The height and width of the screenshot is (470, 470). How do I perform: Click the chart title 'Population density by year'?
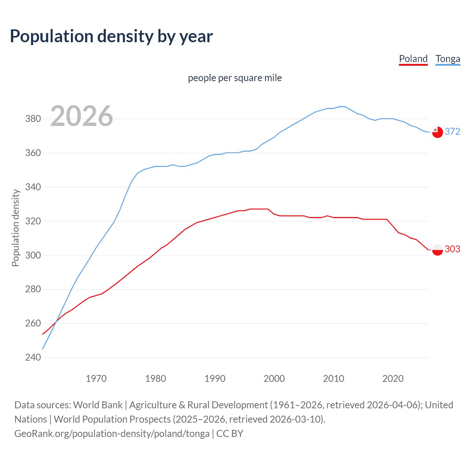point(111,36)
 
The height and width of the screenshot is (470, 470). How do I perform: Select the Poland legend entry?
point(413,59)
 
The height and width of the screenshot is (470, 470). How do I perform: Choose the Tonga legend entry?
point(448,59)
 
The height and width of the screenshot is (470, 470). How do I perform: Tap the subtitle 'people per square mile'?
point(235,78)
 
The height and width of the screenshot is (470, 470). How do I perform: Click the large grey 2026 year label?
point(82,116)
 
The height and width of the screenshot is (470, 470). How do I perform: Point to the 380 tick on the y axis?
point(33,119)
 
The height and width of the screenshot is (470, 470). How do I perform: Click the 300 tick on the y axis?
point(33,255)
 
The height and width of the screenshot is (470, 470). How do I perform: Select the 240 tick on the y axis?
point(33,357)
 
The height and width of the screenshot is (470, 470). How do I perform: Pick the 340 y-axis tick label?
point(33,187)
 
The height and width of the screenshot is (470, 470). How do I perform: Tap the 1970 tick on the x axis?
point(96,379)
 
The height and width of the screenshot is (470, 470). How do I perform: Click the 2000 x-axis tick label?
point(274,379)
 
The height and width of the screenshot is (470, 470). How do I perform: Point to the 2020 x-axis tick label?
point(393,379)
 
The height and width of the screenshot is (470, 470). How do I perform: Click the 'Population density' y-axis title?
point(15,228)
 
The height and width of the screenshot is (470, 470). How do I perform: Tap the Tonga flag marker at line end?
point(437,132)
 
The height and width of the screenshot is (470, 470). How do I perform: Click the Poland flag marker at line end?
point(437,250)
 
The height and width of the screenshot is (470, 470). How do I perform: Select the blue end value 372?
point(452,131)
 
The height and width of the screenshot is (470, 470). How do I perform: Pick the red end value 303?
point(452,249)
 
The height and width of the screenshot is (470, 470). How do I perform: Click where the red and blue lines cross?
point(56,323)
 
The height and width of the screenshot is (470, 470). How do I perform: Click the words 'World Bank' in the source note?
point(98,405)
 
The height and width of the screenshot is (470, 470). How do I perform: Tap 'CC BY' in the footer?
point(230,434)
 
